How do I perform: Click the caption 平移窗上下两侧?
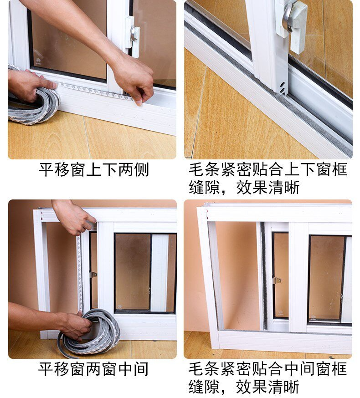[x=93, y=170]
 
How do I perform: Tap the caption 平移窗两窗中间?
[x=93, y=369]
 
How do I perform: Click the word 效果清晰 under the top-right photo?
[x=268, y=188]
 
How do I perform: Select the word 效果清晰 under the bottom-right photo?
[x=267, y=387]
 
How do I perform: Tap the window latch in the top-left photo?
[x=133, y=36]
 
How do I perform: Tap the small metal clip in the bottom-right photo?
[x=277, y=281]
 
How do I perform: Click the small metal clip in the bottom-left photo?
[x=93, y=275]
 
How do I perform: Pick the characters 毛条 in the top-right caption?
[x=204, y=170]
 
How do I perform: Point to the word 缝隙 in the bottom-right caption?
[x=204, y=387]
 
